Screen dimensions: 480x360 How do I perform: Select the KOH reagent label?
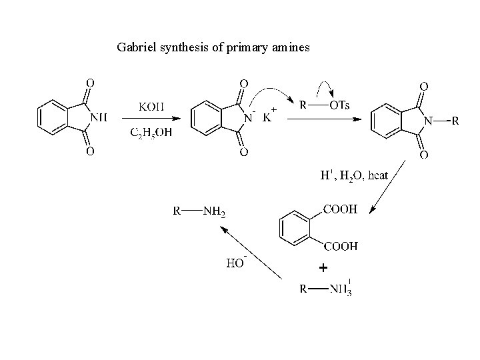151,106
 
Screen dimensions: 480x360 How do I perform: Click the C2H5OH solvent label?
151,132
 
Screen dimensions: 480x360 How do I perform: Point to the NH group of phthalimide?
98,118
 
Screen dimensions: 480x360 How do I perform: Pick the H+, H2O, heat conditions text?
353,176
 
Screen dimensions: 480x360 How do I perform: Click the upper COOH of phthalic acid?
340,209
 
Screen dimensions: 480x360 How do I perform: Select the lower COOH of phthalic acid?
340,246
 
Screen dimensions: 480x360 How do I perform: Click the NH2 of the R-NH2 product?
213,213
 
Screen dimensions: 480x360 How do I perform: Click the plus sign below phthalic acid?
323,268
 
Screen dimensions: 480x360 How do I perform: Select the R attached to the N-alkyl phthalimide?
455,121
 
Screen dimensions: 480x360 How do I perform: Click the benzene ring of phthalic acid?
292,229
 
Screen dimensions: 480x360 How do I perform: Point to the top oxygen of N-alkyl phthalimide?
423,86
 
